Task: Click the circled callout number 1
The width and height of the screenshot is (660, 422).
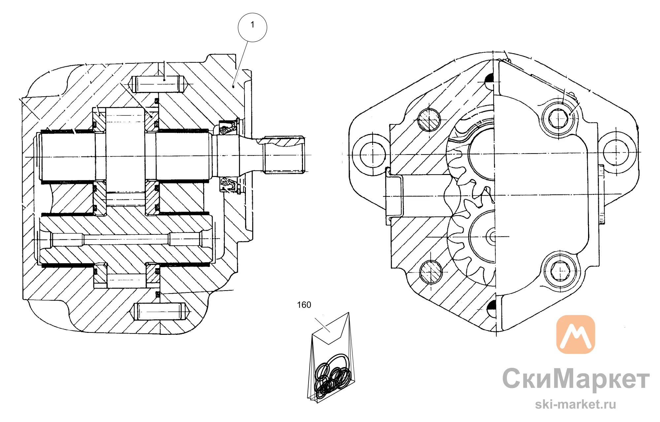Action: pyautogui.click(x=252, y=27)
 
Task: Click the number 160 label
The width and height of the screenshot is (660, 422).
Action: pyautogui.click(x=304, y=305)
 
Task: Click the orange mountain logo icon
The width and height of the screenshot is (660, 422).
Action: pyautogui.click(x=576, y=334)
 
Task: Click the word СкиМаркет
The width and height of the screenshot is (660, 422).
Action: pyautogui.click(x=576, y=379)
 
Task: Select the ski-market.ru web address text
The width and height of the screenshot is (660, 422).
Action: pyautogui.click(x=576, y=404)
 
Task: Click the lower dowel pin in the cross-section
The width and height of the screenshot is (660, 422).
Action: pyautogui.click(x=160, y=311)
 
